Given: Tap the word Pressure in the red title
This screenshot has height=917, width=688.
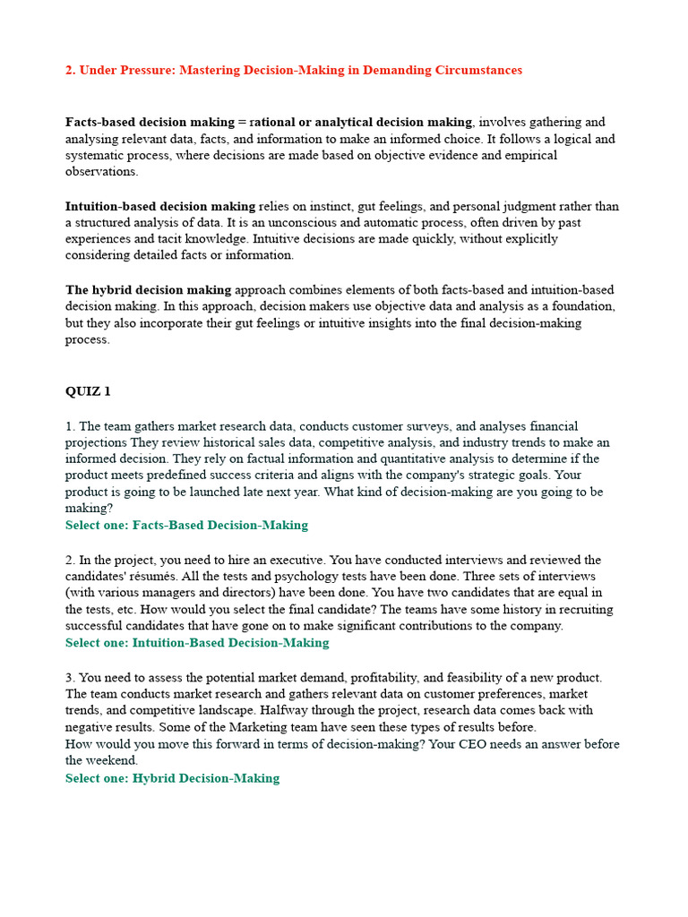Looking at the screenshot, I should click(x=130, y=70).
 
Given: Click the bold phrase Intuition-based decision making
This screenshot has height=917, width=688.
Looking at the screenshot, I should click(x=160, y=206).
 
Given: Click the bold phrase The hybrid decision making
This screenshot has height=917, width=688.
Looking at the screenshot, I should click(x=148, y=290).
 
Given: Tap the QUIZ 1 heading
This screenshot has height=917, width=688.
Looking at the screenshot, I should click(x=88, y=391).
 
